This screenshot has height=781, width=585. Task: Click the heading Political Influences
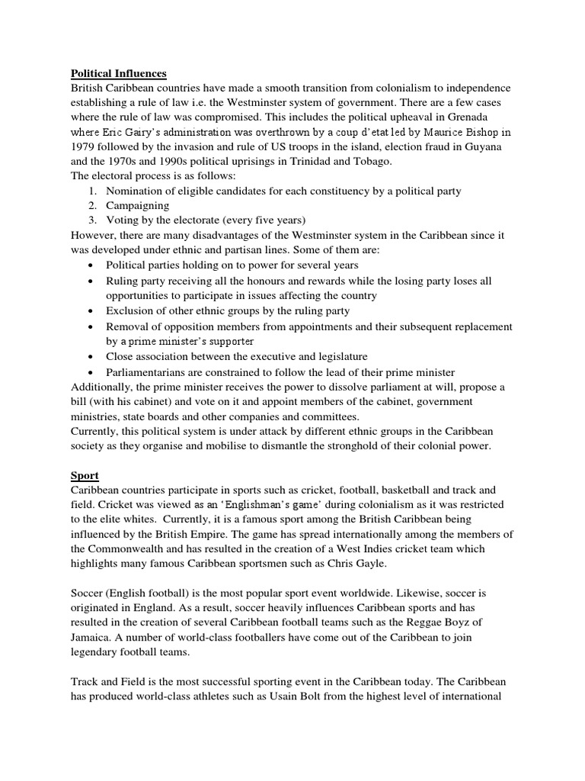point(118,73)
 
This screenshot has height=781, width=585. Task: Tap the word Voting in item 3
point(122,220)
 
